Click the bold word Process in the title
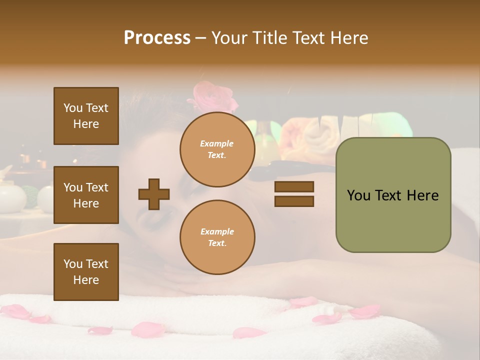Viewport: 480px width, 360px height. (x=157, y=38)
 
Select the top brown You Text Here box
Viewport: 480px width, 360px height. (x=86, y=116)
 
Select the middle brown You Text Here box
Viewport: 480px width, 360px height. (x=86, y=195)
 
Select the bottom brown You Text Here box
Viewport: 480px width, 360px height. (x=86, y=271)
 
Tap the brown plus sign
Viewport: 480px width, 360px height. (x=154, y=194)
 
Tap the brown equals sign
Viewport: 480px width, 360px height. (x=294, y=194)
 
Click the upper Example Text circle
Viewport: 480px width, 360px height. (x=217, y=149)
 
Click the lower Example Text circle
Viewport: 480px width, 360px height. (x=217, y=237)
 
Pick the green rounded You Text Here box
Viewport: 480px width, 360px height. (x=393, y=195)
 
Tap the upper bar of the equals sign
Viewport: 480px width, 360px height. (x=294, y=187)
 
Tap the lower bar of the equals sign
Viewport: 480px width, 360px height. (x=294, y=201)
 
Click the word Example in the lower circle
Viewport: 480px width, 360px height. (x=217, y=231)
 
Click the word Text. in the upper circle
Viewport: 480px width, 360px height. (x=217, y=155)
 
